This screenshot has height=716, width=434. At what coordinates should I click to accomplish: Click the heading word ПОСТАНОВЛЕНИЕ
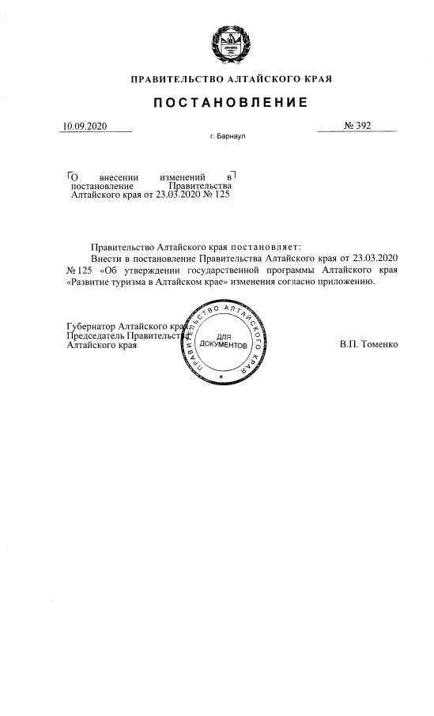point(230,104)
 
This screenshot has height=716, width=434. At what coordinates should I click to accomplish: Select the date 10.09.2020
point(84,127)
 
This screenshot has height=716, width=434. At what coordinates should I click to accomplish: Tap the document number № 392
point(358,127)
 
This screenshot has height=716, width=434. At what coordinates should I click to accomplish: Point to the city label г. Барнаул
point(228,137)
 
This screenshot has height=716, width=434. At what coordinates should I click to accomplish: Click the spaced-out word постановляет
point(263,248)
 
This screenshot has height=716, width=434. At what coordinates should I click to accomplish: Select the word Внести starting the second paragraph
point(106,259)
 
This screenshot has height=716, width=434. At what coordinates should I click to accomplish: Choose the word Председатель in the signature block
point(96,335)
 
